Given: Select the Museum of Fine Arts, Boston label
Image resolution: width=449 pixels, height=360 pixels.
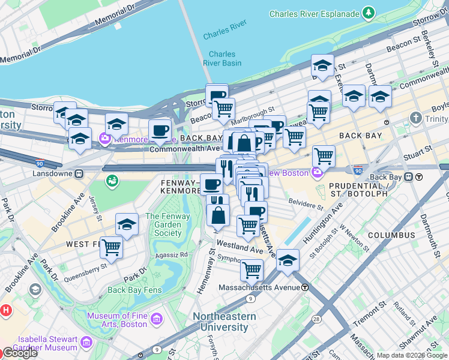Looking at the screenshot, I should tap(117, 320).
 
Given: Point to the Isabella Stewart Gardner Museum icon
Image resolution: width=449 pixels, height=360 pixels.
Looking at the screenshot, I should tap(86, 343).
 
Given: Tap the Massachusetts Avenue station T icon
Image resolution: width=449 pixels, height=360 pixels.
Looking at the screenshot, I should tap(306, 287).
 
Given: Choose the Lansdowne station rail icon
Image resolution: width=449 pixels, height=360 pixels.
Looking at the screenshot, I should tap(79, 173).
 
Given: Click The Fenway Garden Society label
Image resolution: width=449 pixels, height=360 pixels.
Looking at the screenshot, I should tap(163, 225).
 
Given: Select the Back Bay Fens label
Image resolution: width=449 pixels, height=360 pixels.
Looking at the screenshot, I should tap(134, 290).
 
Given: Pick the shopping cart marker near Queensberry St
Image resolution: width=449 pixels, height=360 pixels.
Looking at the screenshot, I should tap(111, 247).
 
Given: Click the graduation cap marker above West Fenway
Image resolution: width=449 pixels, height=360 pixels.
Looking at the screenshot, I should tap(127, 224).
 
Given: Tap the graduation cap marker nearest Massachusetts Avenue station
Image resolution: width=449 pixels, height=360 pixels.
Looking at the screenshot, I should tap(288, 260).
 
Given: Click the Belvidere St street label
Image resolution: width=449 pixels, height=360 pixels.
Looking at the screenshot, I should tap(306, 202).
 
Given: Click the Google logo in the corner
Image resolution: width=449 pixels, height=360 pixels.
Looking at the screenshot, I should tap(20, 353).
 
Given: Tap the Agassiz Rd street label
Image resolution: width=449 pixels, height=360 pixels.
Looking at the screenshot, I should tap(173, 254).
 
